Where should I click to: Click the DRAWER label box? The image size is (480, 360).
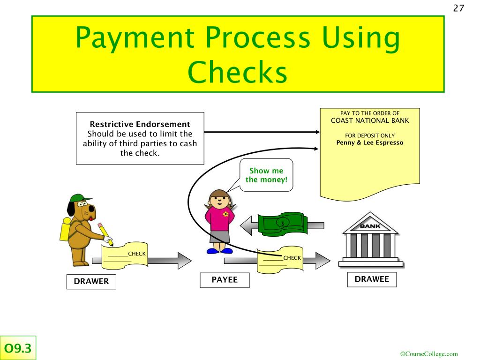coord(91,281)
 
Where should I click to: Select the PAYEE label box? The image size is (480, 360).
coord(225,280)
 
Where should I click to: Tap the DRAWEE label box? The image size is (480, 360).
coord(372,279)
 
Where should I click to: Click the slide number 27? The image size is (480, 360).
coord(458,8)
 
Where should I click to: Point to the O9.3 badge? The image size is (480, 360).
coord(18,348)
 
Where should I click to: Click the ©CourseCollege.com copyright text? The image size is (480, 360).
coord(429,354)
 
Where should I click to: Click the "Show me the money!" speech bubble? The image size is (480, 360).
coord(266,175)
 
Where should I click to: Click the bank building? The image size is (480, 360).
coord(370,240)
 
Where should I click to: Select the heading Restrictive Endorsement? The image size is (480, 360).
coord(140,124)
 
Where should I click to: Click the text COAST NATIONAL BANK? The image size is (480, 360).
coord(369,120)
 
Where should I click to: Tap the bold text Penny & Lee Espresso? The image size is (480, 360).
coord(369,142)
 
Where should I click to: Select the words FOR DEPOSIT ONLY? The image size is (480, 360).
coord(369,135)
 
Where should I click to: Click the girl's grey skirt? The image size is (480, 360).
coord(219,236)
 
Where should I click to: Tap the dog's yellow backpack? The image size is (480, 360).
coord(65,229)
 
